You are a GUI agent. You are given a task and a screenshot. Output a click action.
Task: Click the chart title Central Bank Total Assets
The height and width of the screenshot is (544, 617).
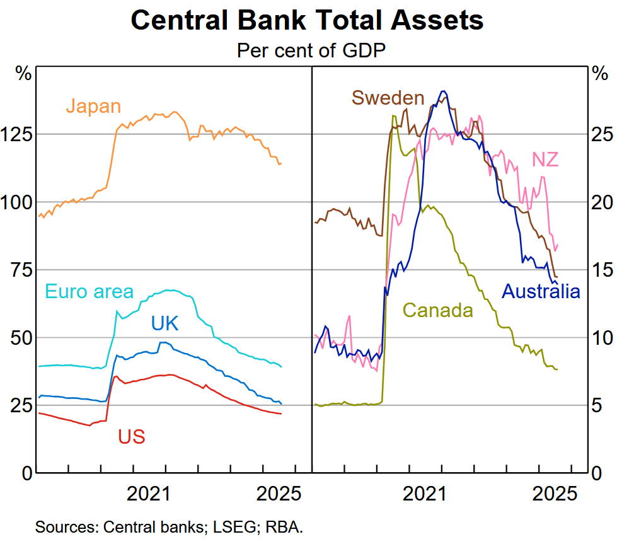pyautogui.click(x=307, y=21)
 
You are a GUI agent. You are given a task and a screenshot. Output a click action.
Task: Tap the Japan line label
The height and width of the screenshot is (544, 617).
pyautogui.click(x=93, y=105)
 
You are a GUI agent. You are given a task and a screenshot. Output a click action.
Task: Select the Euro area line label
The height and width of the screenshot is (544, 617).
pyautogui.click(x=89, y=291)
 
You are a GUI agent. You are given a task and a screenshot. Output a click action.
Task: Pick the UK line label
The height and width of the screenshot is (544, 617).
pyautogui.click(x=164, y=323)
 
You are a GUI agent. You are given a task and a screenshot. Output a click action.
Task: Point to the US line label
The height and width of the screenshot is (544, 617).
pyautogui.click(x=131, y=436)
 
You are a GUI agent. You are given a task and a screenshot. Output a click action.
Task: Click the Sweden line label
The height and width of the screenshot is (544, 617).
pyautogui.click(x=388, y=98)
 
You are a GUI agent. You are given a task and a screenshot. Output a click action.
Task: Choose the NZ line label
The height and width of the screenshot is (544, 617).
pyautogui.click(x=545, y=159)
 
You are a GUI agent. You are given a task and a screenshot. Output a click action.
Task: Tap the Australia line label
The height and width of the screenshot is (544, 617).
pyautogui.click(x=540, y=291)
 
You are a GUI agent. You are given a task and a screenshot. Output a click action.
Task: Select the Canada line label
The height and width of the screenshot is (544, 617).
pyautogui.click(x=437, y=310)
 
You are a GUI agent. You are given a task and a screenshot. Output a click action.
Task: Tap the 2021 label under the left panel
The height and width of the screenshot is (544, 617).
pyautogui.click(x=149, y=494)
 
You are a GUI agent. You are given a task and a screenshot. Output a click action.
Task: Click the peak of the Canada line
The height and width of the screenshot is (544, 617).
pyautogui.click(x=394, y=115)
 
